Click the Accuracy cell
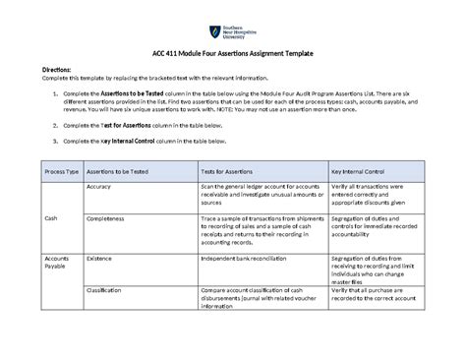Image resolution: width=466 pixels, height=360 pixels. point(103,186)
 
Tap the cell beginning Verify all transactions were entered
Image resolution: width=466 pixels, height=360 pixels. point(378,194)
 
